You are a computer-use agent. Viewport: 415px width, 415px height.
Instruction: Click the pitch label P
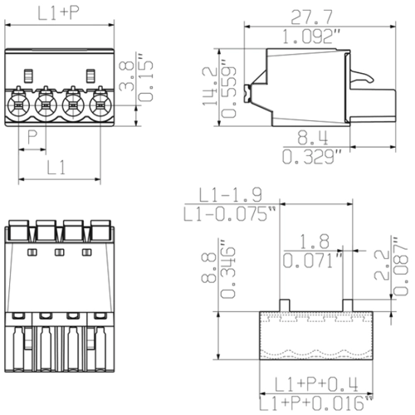pyautogui.click(x=32, y=135)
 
